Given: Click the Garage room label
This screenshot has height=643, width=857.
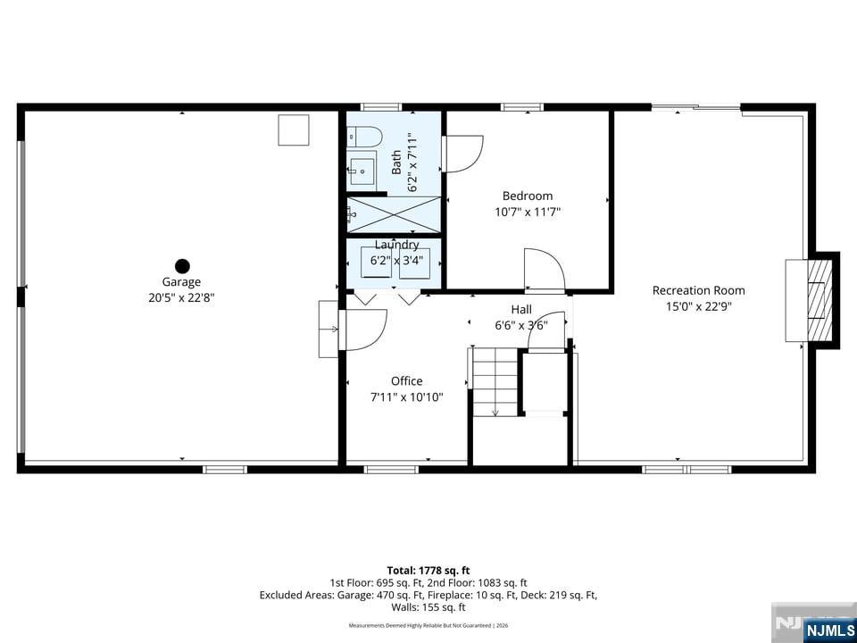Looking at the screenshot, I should point(181,282).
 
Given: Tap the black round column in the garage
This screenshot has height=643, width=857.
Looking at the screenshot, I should point(182,265).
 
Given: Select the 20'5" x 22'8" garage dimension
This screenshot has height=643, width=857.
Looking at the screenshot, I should point(181,298).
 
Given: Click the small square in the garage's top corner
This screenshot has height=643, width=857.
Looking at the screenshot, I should point(294,130).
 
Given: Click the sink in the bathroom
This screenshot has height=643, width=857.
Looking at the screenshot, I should point(362,168).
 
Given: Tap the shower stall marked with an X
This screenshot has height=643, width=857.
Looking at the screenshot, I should point(394,213).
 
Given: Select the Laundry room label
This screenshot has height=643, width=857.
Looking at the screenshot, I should point(396,245).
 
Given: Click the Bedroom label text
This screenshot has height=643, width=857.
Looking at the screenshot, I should point(528,196).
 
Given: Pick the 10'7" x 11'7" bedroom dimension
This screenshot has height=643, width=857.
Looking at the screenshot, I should point(528,212).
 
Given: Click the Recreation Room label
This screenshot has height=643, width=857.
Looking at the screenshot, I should point(698,290).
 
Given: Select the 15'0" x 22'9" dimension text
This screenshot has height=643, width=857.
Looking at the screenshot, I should point(698,306).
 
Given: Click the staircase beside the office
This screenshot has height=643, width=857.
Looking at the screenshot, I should point(495,382).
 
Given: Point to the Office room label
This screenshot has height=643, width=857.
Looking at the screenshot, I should point(407,381).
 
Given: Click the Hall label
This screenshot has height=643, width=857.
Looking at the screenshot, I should point(521,309).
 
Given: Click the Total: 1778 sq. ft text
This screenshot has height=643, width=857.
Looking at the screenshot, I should point(428,570).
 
